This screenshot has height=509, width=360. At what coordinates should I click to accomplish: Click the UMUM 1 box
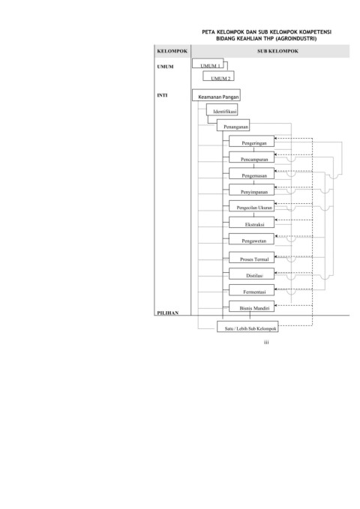click(208, 63)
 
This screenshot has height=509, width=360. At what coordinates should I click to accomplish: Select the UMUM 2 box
click(218, 76)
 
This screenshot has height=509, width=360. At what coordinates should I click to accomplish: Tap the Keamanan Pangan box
click(216, 95)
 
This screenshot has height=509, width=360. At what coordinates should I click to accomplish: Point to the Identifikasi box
click(222, 109)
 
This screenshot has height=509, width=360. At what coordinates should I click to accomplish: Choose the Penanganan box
click(233, 125)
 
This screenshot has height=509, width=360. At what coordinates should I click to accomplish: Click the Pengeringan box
click(251, 141)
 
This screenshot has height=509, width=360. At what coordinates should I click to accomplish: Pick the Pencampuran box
click(251, 157)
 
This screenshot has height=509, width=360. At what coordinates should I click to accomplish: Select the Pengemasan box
click(251, 174)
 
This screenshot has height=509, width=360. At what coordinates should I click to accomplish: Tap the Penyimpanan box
click(251, 190)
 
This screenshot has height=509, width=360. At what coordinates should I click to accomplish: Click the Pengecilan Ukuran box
click(251, 206)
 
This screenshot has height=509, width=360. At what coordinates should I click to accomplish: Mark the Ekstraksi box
click(251, 223)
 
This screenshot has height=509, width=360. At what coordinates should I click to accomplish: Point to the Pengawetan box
click(251, 239)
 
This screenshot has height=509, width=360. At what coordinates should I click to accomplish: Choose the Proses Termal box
click(251, 257)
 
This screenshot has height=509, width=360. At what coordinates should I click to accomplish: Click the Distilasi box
click(251, 274)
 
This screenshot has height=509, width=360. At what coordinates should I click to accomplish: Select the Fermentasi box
click(251, 290)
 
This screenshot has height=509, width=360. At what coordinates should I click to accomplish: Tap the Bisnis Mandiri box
click(251, 307)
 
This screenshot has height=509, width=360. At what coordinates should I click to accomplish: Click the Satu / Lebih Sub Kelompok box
click(247, 327)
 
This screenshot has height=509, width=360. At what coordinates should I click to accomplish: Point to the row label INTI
click(162, 95)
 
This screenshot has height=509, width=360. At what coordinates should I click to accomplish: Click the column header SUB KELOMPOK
click(277, 51)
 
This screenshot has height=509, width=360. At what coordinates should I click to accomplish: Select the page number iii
click(266, 342)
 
